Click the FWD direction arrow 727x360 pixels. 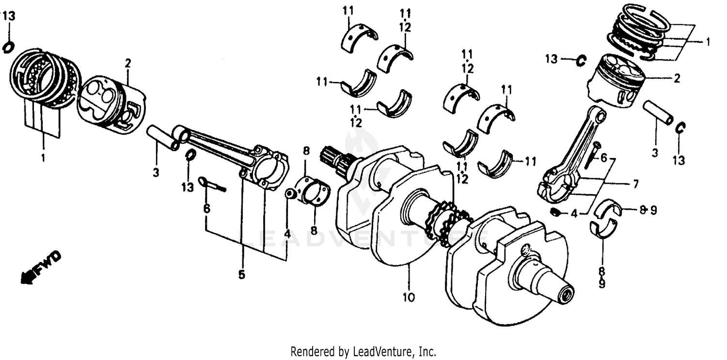click(x=41, y=268)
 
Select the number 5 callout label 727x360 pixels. click(x=241, y=275)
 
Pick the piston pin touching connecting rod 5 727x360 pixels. click(x=162, y=137)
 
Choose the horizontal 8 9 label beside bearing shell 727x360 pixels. click(x=647, y=210)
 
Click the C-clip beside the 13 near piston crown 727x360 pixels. click(x=581, y=61)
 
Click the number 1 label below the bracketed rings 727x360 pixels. click(x=43, y=157)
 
